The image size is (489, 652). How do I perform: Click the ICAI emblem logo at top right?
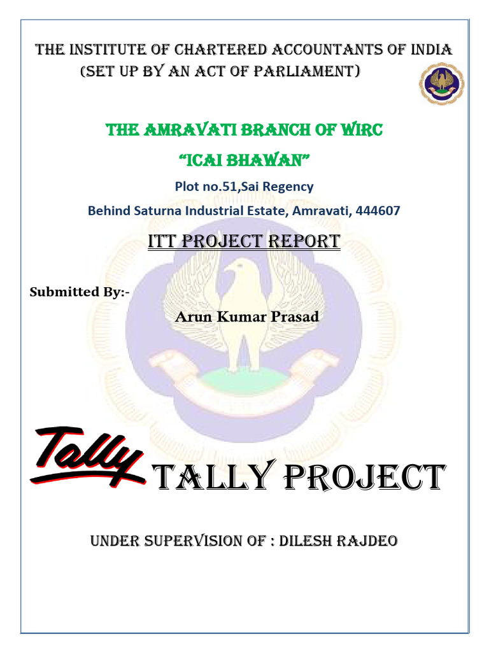(x=441, y=84)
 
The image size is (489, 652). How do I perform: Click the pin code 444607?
(x=380, y=210)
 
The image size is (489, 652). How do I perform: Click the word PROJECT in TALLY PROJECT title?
(x=362, y=479)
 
